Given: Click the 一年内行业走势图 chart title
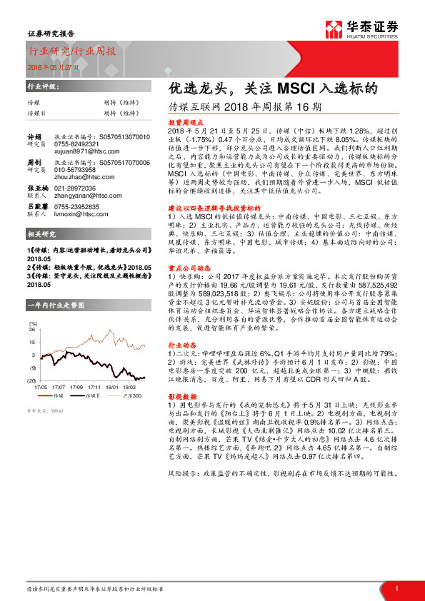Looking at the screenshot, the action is (55, 305).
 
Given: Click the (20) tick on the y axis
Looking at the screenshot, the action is (31, 381).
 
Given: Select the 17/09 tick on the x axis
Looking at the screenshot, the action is (77, 386).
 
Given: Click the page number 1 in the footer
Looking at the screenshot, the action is (396, 587).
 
